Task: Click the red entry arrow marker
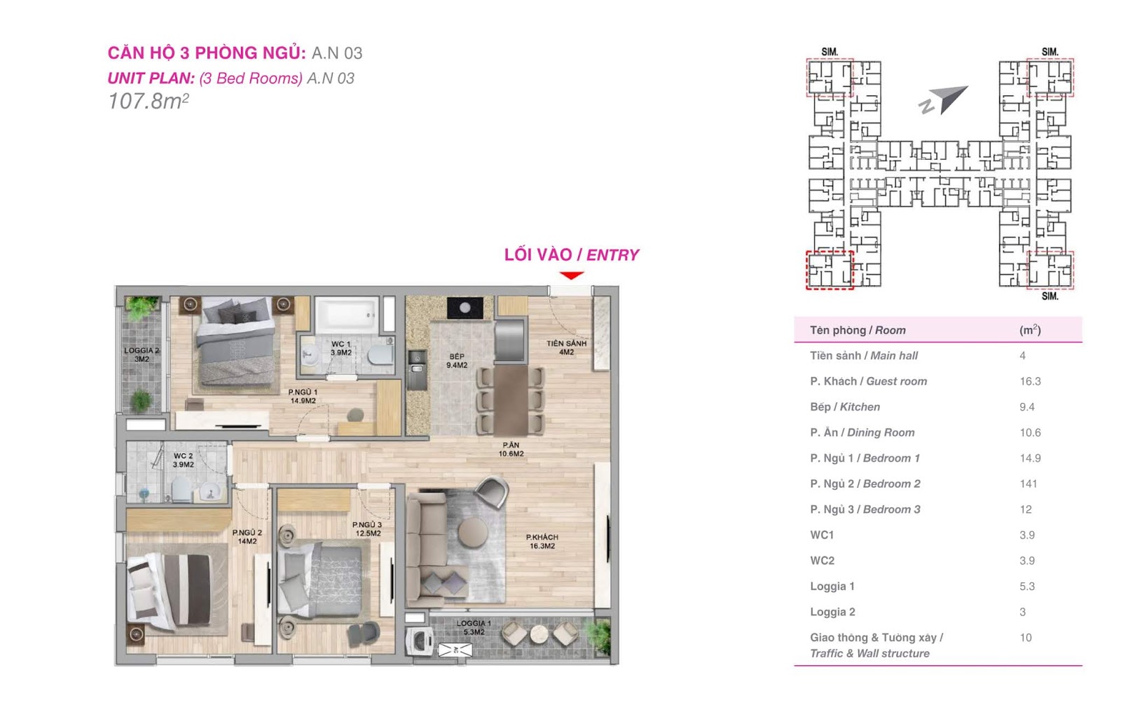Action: (x=571, y=275)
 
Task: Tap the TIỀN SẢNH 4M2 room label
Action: (x=566, y=348)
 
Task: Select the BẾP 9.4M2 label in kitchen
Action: (x=456, y=360)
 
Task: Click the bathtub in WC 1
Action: (x=346, y=315)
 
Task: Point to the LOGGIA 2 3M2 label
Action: (x=142, y=355)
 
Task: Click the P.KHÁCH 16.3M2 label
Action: (x=542, y=541)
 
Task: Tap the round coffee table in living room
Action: (x=473, y=533)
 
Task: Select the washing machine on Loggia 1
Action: (x=420, y=641)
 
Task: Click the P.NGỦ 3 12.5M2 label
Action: (x=367, y=528)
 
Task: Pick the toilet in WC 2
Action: (x=181, y=489)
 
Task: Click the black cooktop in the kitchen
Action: (x=465, y=308)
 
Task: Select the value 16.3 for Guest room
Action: (x=1031, y=381)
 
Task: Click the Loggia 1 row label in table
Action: (x=832, y=587)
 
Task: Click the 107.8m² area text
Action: (x=149, y=101)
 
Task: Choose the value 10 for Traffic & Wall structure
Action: (x=1026, y=638)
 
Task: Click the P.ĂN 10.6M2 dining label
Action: (x=511, y=449)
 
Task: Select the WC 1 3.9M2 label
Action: (x=341, y=348)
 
